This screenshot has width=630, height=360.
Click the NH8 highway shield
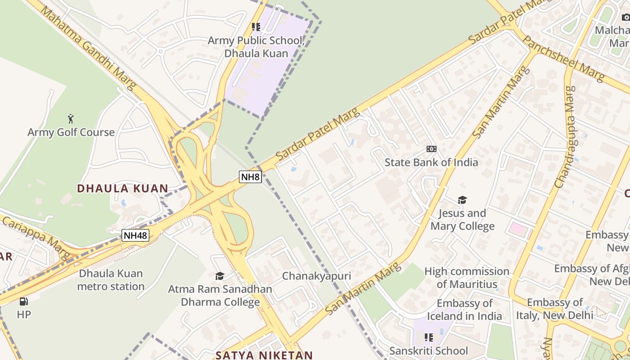[x=250, y=176]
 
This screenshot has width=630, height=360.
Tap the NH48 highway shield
[x=135, y=234]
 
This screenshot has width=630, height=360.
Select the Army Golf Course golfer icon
[x=71, y=119]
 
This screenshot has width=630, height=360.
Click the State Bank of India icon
[x=431, y=149]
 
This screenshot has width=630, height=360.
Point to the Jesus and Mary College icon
[x=462, y=200]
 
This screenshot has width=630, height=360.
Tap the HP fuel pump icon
[x=23, y=301]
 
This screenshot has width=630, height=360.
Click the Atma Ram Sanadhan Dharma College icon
[x=220, y=276]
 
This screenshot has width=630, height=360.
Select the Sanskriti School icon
[x=429, y=337]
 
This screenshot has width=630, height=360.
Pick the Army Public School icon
[x=256, y=27]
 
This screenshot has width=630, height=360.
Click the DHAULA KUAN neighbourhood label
[x=122, y=189]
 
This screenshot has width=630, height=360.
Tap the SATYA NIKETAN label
[x=264, y=355]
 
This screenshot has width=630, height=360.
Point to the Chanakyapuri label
[x=316, y=276]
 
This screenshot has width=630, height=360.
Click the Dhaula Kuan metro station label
[x=111, y=280]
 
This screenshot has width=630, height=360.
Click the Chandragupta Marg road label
[x=565, y=137]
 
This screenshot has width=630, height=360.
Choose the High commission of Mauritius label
[x=467, y=278]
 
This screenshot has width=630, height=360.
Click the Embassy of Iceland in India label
[x=464, y=310]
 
